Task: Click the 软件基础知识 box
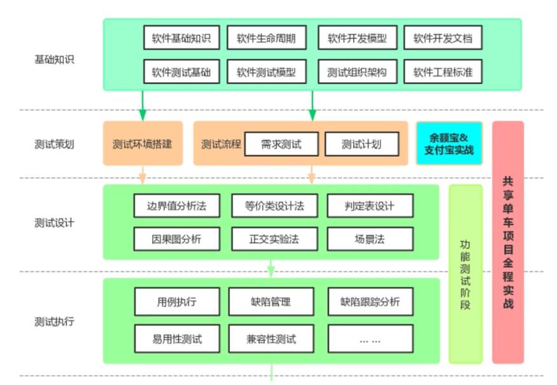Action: [x=181, y=38]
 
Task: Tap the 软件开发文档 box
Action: [x=442, y=38]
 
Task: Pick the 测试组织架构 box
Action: [x=357, y=72]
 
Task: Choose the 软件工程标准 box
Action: [x=442, y=72]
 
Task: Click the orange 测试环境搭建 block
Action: [x=142, y=144]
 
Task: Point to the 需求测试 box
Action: [x=281, y=144]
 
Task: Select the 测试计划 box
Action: [x=362, y=144]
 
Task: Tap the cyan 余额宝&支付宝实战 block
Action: [x=449, y=144]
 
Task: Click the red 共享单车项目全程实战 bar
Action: [x=507, y=242]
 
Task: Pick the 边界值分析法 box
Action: [x=176, y=205]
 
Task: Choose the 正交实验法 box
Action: [x=274, y=239]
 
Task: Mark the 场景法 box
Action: [x=370, y=239]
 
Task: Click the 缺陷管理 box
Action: [x=271, y=301]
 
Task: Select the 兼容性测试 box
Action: [x=271, y=338]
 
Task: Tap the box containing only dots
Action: [x=370, y=338]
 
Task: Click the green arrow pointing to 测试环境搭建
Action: [x=142, y=106]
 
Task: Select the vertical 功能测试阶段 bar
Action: [x=465, y=274]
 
